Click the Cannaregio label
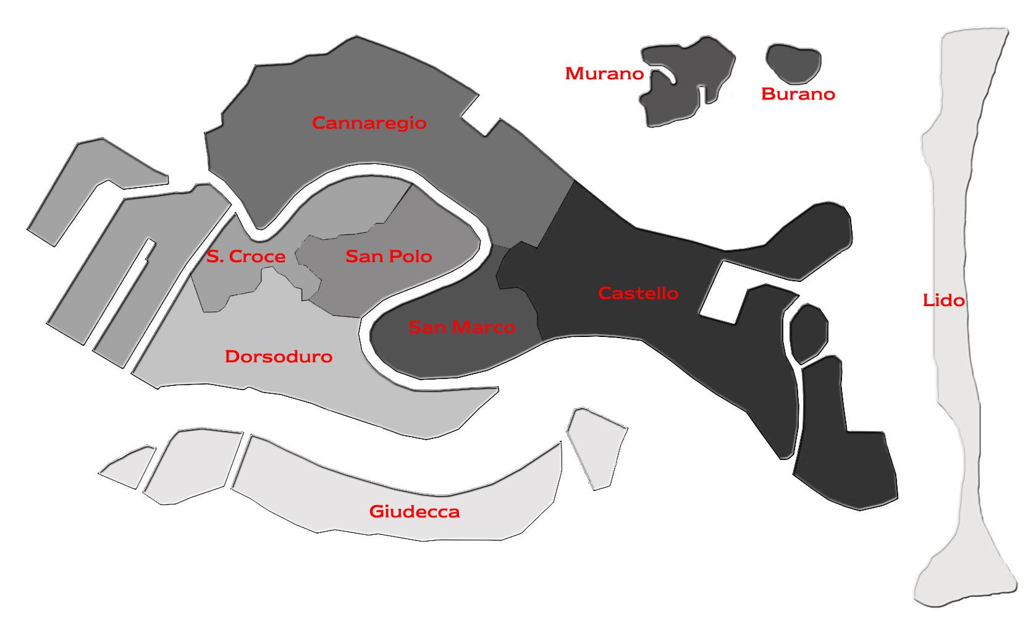tap(369, 123)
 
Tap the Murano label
tap(604, 74)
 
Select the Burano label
tap(798, 94)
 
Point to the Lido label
tap(943, 300)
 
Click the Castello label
tap(638, 293)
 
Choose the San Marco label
tap(461, 327)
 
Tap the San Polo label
tap(389, 256)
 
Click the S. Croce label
tap(246, 257)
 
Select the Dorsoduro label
tap(279, 357)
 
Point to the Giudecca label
tap(414, 512)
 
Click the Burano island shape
tap(793, 62)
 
